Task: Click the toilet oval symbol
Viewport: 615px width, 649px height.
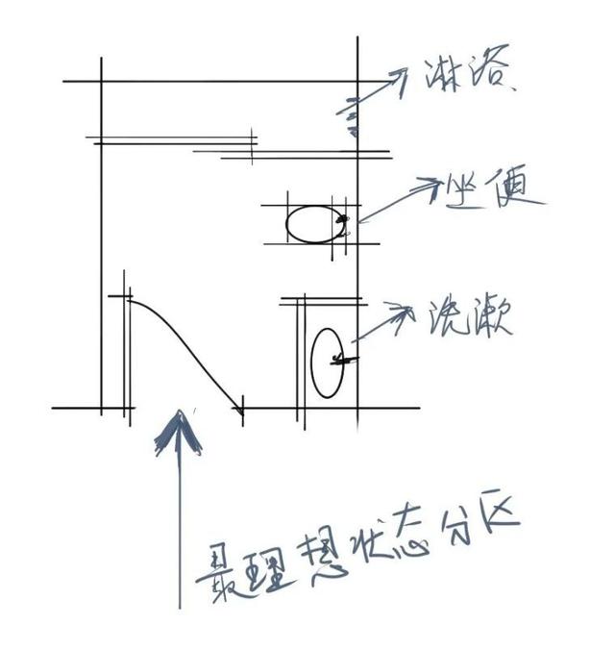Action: click(x=312, y=224)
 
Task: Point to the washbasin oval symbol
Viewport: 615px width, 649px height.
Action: click(x=327, y=362)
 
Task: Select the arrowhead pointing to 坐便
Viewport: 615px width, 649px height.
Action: click(x=428, y=187)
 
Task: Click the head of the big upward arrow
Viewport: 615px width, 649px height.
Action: click(x=179, y=428)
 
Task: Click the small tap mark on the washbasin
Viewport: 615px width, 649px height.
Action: click(x=342, y=360)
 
